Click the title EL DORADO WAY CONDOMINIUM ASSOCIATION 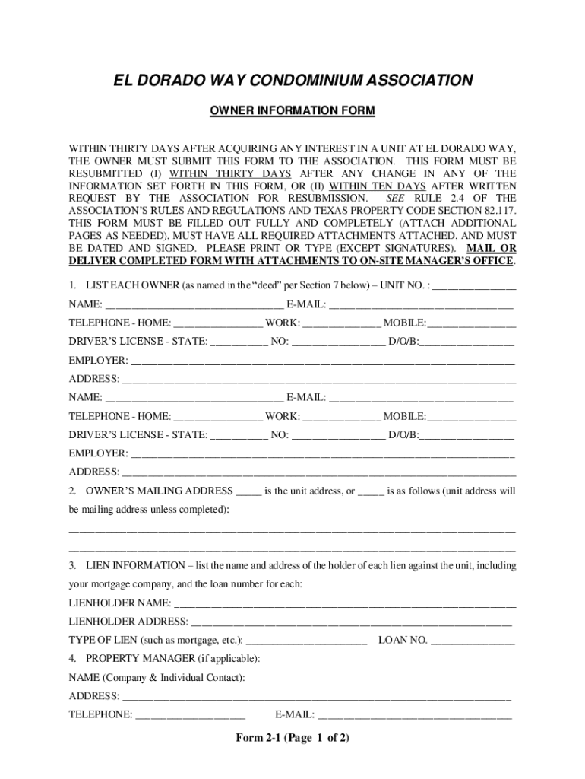pyautogui.click(x=292, y=81)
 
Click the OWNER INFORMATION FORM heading pyautogui.click(x=292, y=111)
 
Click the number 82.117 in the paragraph pyautogui.click(x=498, y=211)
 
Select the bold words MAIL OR pyautogui.click(x=491, y=248)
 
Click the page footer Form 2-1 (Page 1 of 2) pyautogui.click(x=292, y=738)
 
